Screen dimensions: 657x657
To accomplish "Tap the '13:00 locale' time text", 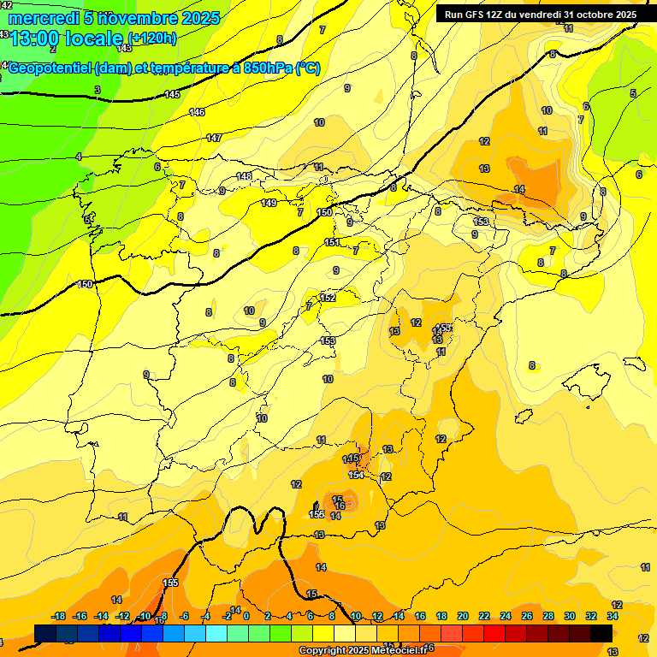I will point(68,38).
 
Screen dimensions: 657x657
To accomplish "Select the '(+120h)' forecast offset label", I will point(152,38).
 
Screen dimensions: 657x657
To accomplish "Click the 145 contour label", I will point(172,94).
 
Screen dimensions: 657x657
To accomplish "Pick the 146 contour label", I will point(197,112).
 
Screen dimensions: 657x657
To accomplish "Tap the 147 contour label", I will point(214,138).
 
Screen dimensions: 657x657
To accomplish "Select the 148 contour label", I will point(244,176).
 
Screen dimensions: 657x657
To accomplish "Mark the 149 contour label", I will point(269,203).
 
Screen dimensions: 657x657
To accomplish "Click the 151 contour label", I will point(332,243).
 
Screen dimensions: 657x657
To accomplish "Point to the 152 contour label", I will point(328,298).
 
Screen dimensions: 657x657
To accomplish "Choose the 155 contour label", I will point(170,583).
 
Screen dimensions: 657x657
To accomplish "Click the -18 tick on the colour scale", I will point(59,616).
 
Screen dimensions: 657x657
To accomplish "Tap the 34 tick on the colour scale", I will point(613,616).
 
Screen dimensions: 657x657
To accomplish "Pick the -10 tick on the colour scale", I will point(145,616).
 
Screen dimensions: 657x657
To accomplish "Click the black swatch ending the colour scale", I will point(601,633).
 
